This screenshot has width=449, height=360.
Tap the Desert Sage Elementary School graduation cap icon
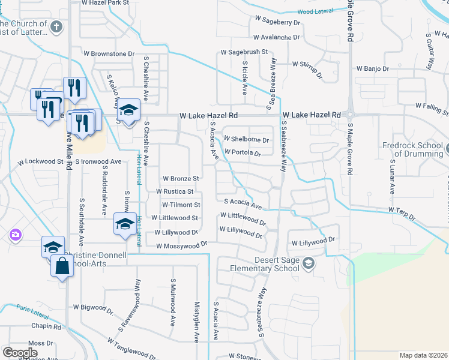[x=308, y=263]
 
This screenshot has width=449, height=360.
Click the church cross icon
[x=56, y=27]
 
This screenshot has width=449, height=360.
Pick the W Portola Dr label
[x=243, y=153]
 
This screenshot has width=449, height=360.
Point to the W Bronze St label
[x=181, y=178]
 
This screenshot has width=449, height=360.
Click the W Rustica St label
[x=175, y=191]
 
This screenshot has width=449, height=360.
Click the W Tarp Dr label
[x=402, y=210]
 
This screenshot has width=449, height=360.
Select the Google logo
[x=20, y=352]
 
